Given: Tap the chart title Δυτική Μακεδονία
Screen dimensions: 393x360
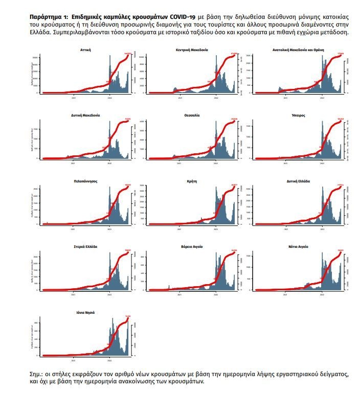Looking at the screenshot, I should click(x=86, y=115).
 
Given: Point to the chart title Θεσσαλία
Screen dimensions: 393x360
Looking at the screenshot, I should click(x=193, y=115).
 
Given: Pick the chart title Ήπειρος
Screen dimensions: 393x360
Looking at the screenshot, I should click(x=300, y=115).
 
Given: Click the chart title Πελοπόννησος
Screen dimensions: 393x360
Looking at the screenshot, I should click(x=86, y=181).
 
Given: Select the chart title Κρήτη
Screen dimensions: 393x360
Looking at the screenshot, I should click(x=193, y=181).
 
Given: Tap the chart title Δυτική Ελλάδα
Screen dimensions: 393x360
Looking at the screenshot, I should click(x=300, y=181).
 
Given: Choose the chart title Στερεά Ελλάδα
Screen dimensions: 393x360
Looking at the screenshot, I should click(x=86, y=246).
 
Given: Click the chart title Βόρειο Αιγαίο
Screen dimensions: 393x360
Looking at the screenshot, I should click(x=193, y=246).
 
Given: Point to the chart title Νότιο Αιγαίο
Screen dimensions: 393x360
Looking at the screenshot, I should click(x=300, y=246).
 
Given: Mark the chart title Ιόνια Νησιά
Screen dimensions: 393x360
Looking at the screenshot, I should click(x=86, y=312).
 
